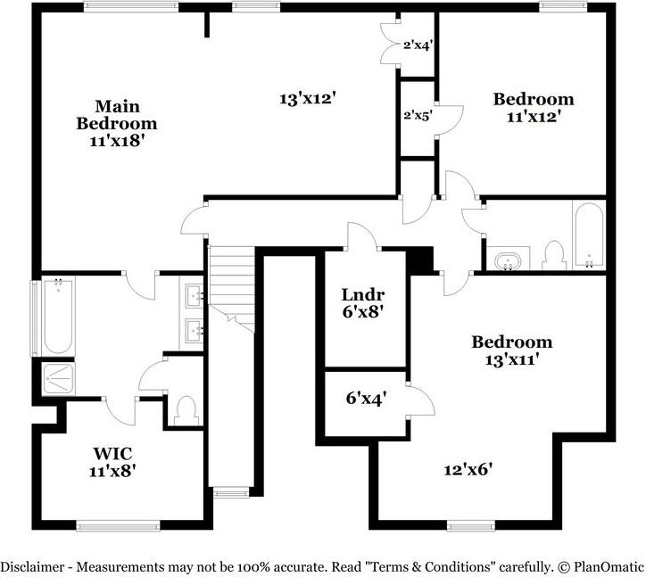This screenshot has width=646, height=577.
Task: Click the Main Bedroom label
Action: click(x=116, y=123)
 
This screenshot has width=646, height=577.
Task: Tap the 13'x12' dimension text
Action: click(x=306, y=99)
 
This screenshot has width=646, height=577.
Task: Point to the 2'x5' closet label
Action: click(x=418, y=116)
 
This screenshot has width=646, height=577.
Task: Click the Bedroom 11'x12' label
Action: click(x=534, y=107)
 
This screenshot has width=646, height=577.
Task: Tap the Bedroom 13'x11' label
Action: click(x=511, y=350)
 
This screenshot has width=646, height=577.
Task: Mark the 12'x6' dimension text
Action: click(x=468, y=468)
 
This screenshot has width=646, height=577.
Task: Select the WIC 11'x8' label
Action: click(x=112, y=461)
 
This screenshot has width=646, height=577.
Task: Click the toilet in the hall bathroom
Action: click(x=553, y=256)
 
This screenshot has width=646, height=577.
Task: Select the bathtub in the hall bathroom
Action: click(x=588, y=236)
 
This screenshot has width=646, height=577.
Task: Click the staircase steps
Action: click(x=231, y=285)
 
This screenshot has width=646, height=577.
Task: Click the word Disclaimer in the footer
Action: click(x=34, y=566)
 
